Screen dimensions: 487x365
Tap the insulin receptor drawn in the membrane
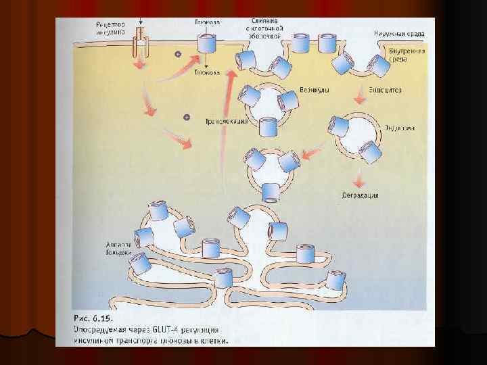point(140,43)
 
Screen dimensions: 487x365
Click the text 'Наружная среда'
point(399,32)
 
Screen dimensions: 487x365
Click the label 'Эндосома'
point(399,126)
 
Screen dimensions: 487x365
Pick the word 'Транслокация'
point(225,122)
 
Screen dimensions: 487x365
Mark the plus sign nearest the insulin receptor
point(177,54)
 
